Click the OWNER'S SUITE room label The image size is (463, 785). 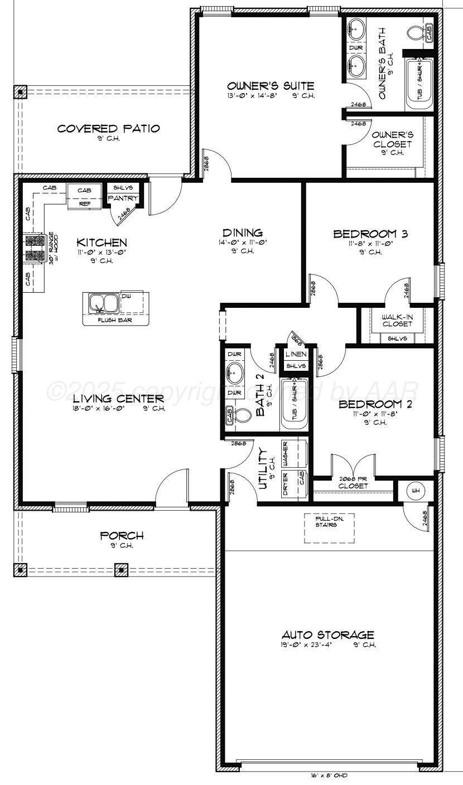coord(271,86)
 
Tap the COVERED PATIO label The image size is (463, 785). coord(109,129)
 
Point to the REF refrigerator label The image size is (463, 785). coord(85,204)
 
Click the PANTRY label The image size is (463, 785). coord(122,198)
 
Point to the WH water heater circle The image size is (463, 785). coord(415,491)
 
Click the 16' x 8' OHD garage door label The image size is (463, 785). coord(329,775)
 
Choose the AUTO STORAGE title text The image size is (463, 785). coord(327,634)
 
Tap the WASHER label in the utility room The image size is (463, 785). coord(284,452)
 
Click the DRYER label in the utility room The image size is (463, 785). coord(284,483)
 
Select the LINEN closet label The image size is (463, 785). coord(296,354)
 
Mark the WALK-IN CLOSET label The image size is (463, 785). coord(397,320)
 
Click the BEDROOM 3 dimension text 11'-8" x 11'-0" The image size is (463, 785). coord(370,244)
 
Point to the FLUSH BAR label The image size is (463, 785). coord(115,321)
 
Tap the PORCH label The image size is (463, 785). coord(122,536)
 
